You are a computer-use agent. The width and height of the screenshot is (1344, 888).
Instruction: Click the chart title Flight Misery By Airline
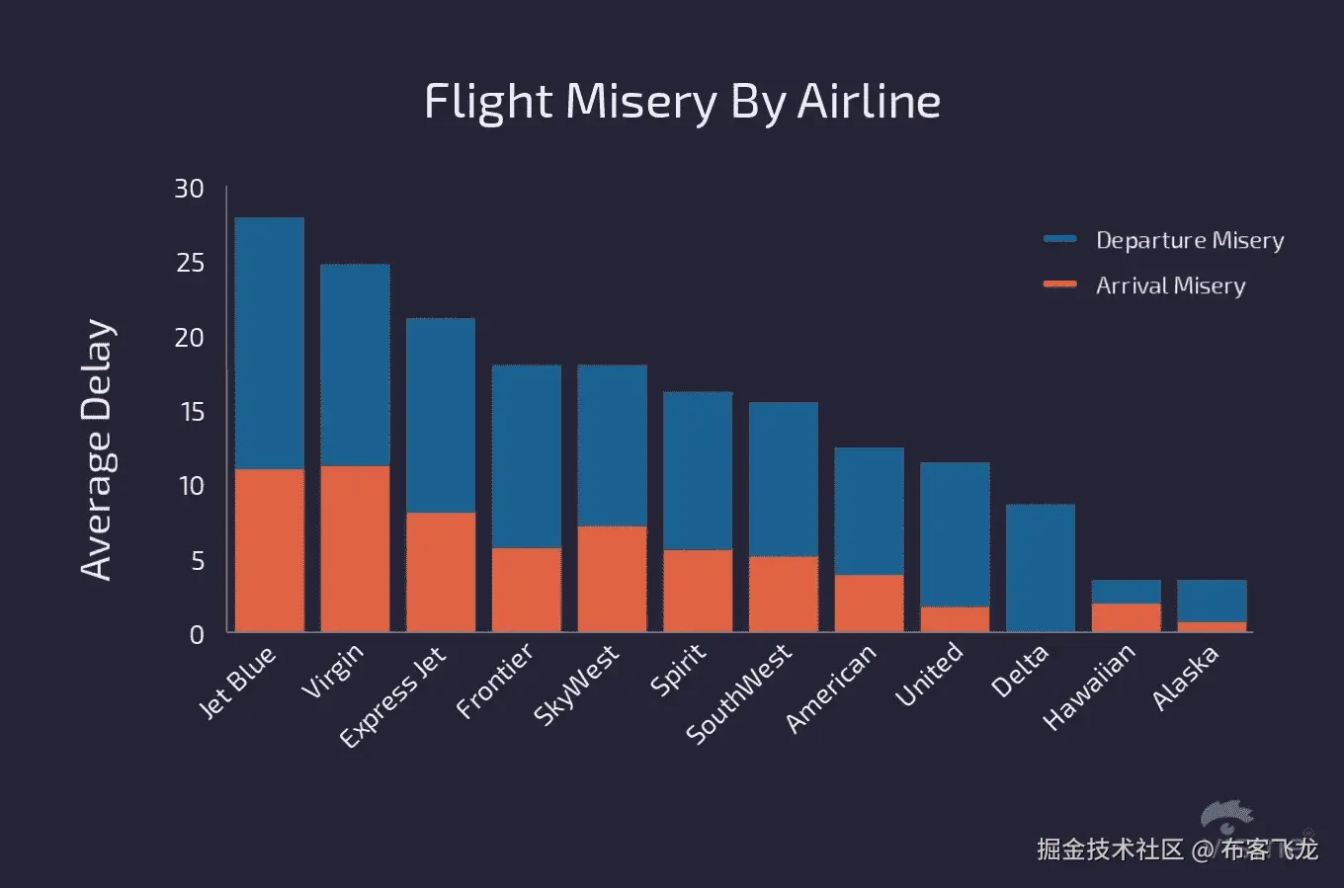pos(682,102)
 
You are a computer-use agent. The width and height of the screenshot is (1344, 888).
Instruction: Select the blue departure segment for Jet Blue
pos(269,343)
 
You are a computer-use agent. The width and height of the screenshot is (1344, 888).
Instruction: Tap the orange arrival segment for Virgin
pos(355,548)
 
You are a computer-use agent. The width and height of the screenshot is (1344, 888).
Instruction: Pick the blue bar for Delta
pos(1040,568)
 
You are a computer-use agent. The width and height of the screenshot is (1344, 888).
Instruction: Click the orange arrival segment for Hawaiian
pos(1126,617)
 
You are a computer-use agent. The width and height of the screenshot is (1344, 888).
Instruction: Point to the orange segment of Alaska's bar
pos(1212,626)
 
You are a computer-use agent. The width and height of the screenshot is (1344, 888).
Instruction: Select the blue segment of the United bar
pos(955,534)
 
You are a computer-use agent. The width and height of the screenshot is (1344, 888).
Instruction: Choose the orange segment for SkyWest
pos(612,579)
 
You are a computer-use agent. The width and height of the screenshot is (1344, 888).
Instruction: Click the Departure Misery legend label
pos(1190,240)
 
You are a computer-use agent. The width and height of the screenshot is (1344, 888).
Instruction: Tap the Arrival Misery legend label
pos(1170,285)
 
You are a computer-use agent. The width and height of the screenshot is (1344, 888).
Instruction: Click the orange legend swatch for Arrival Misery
pos(1059,284)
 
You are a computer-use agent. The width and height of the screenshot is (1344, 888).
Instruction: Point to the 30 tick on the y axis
pos(189,189)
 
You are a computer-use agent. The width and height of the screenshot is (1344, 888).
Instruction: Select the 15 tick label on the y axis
pos(191,412)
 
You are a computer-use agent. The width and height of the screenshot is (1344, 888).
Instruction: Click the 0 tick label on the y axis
pos(197,634)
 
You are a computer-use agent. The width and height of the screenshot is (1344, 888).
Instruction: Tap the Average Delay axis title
pos(97,449)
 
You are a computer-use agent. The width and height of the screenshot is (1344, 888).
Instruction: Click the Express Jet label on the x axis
pos(393,696)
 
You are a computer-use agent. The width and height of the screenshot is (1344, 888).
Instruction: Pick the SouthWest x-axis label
pos(739,693)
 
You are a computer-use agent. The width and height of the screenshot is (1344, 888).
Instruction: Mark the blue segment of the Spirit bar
pos(698,470)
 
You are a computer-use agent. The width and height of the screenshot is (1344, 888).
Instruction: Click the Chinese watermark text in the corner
pos(1176,848)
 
